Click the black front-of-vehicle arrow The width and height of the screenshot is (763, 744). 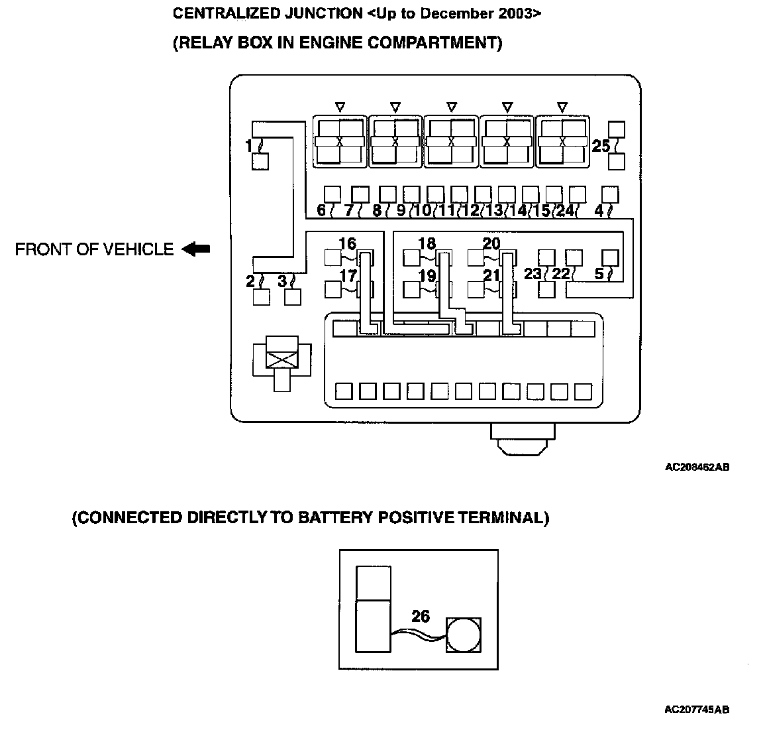pyautogui.click(x=196, y=249)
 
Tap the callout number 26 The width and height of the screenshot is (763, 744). pyautogui.click(x=421, y=616)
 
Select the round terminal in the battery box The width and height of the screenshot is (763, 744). pyautogui.click(x=464, y=635)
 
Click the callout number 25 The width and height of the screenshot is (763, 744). pyautogui.click(x=601, y=146)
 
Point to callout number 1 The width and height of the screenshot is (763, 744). pyautogui.click(x=248, y=146)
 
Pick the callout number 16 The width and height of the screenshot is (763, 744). pyautogui.click(x=347, y=243)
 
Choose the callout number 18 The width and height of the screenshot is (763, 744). pyautogui.click(x=427, y=243)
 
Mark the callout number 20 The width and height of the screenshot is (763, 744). pyautogui.click(x=491, y=243)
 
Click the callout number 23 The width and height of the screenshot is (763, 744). pyautogui.click(x=533, y=273)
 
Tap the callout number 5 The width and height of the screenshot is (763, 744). pyautogui.click(x=599, y=273)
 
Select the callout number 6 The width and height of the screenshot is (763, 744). pyautogui.click(x=321, y=211)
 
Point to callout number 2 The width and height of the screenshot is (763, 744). pyautogui.click(x=250, y=281)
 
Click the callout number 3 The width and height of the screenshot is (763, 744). pyautogui.click(x=282, y=281)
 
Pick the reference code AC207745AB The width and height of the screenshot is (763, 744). pyautogui.click(x=697, y=710)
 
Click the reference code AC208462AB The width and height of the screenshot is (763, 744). pyautogui.click(x=697, y=467)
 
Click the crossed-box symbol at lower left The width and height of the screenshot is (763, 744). pyautogui.click(x=281, y=359)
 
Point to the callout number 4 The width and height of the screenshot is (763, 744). pyautogui.click(x=599, y=211)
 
